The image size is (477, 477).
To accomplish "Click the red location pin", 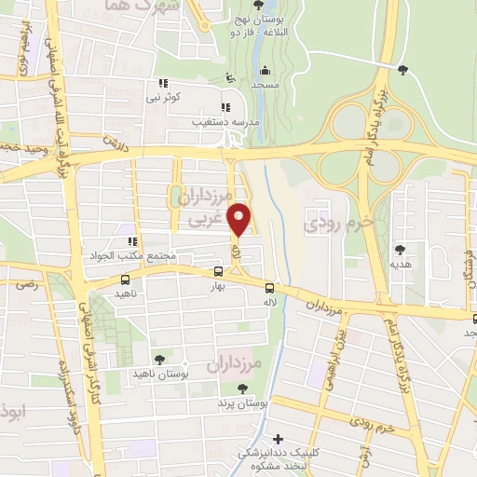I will (x=239, y=219).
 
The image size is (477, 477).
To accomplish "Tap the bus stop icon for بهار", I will (x=218, y=271).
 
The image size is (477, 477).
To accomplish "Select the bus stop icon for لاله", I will (x=269, y=288).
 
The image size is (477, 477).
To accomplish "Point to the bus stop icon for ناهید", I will (x=126, y=279).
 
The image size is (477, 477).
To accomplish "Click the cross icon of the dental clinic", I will (x=277, y=439).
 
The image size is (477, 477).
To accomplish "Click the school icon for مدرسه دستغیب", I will (x=225, y=106).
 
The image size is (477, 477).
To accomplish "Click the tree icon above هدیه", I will (x=401, y=249).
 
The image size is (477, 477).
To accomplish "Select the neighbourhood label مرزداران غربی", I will (x=208, y=211).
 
